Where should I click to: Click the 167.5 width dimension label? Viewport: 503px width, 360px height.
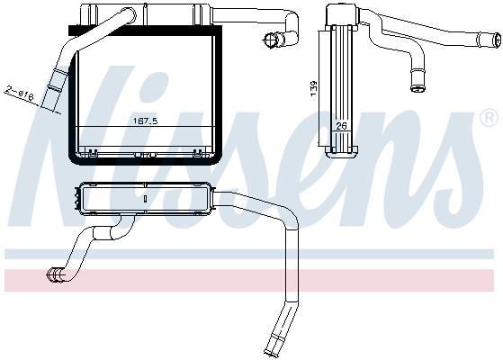145,121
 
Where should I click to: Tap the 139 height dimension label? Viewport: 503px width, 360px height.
313,88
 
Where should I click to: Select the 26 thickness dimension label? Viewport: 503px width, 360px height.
341,126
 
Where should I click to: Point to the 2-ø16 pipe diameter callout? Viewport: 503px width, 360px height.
19,93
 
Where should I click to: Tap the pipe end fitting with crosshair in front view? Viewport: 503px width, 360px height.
270,40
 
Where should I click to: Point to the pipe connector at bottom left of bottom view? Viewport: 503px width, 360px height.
55,275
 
